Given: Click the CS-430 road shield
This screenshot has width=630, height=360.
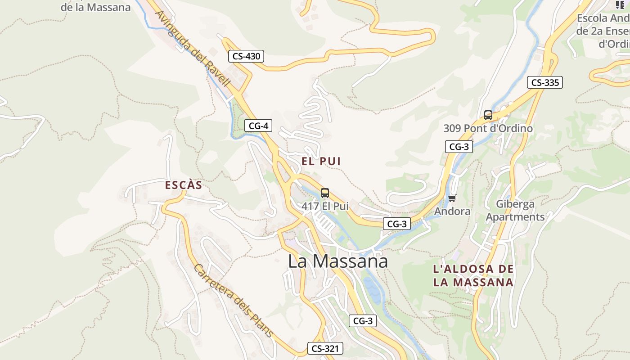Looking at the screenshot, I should point(246,56).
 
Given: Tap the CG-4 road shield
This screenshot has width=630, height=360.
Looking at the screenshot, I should point(258,126).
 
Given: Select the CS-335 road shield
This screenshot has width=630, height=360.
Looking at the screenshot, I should point(545,82).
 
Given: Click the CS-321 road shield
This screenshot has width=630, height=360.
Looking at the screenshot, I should point(325,348).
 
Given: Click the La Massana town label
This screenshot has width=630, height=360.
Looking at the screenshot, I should point(337,261).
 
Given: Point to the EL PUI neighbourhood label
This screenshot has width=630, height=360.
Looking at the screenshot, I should point(321,161).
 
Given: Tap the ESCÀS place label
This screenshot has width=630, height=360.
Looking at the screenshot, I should point(184,185).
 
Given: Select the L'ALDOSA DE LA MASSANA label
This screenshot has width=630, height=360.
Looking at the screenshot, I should point(473,275).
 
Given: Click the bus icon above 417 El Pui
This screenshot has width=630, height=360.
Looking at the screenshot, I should point(325,193).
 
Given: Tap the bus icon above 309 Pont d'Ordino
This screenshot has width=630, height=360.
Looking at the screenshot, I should point(488,115).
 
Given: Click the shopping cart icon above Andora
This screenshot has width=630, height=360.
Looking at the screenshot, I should point(452,198).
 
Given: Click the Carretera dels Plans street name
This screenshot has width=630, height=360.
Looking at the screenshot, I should point(233,300).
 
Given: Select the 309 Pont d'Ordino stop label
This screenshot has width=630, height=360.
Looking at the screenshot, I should point(488,128).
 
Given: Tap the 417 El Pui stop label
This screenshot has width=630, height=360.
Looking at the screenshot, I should point(325,206).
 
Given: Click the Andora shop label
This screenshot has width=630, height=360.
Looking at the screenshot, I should point(452,211).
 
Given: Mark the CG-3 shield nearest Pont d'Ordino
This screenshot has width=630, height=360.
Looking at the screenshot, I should point(459,146).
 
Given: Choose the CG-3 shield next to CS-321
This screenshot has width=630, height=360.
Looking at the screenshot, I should point(363,321).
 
